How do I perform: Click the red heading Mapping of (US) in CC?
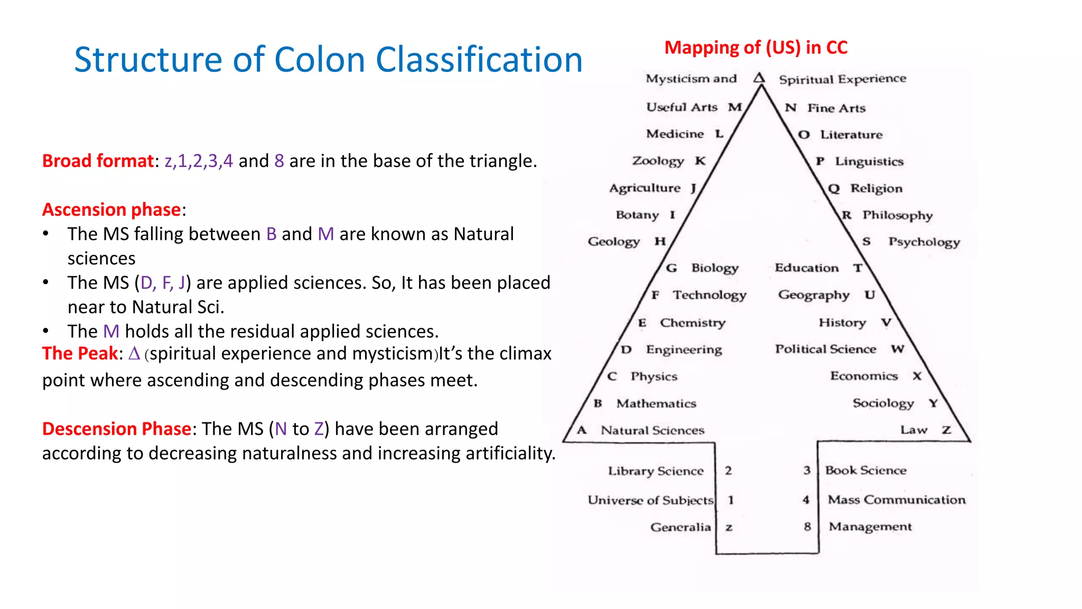(755, 48)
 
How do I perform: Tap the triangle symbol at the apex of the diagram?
(759, 78)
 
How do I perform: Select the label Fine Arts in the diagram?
(836, 108)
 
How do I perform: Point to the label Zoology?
(658, 161)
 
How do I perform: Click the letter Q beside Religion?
(834, 188)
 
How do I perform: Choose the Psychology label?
(924, 242)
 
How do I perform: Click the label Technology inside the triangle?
(710, 295)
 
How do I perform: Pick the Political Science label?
(825, 349)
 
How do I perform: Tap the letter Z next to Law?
(946, 430)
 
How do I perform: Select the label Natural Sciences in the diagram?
(652, 430)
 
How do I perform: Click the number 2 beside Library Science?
(729, 470)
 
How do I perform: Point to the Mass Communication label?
(896, 500)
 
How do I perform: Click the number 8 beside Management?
(807, 527)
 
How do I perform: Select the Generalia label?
(680, 527)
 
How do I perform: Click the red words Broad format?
(98, 161)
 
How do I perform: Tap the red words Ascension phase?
(111, 210)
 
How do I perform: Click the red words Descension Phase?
(116, 429)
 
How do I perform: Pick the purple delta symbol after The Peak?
(134, 353)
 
